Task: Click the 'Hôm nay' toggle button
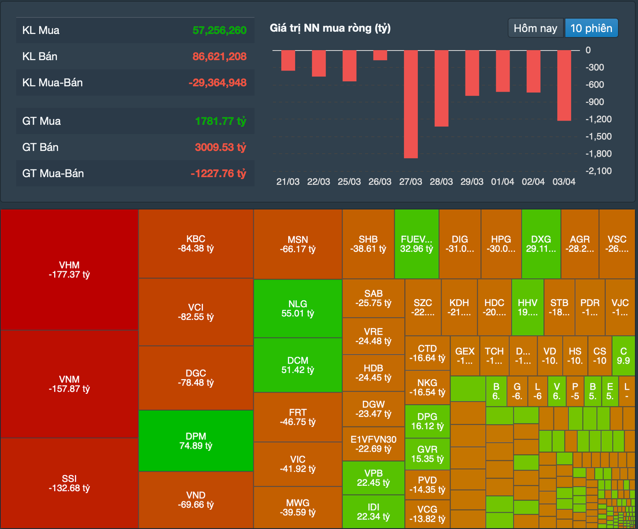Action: (x=535, y=28)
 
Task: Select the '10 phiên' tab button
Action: (x=591, y=28)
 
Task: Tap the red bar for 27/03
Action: (x=411, y=104)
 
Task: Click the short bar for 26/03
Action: (x=380, y=55)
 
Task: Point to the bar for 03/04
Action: (x=564, y=85)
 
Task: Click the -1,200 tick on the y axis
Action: (x=599, y=119)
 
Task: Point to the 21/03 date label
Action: (x=288, y=182)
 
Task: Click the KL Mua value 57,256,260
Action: (x=219, y=30)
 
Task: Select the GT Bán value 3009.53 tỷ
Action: (x=220, y=147)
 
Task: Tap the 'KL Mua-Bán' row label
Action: (x=52, y=83)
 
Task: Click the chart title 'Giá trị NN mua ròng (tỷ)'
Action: (x=330, y=28)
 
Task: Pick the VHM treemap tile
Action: (x=69, y=270)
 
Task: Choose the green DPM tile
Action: (x=196, y=441)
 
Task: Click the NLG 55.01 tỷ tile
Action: (x=298, y=308)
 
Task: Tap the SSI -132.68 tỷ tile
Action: (x=69, y=483)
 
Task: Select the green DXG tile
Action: (x=541, y=244)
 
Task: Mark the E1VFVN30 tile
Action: (x=373, y=444)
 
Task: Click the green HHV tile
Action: (x=527, y=307)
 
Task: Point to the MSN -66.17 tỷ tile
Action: (x=298, y=245)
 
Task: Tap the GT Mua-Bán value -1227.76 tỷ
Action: (x=218, y=173)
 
